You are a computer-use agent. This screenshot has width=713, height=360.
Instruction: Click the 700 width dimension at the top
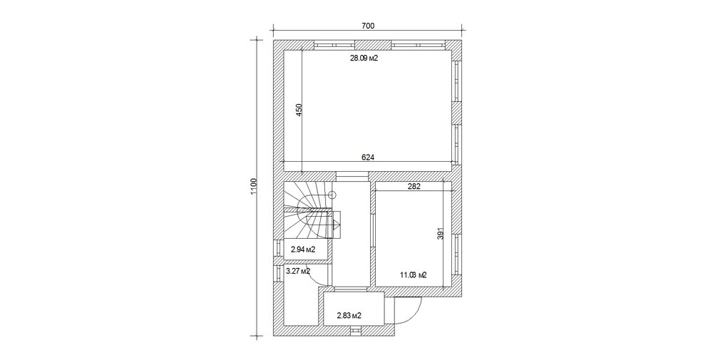(368, 26)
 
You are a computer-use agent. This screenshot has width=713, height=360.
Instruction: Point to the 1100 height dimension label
(254, 186)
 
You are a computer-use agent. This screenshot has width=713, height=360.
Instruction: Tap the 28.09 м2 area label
(364, 58)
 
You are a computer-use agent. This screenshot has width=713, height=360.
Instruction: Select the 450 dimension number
(299, 110)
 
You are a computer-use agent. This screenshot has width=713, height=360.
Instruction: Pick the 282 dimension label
(414, 186)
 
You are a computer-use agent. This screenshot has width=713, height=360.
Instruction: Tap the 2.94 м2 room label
(303, 250)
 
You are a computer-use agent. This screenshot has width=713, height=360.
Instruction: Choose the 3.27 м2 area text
(298, 272)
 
